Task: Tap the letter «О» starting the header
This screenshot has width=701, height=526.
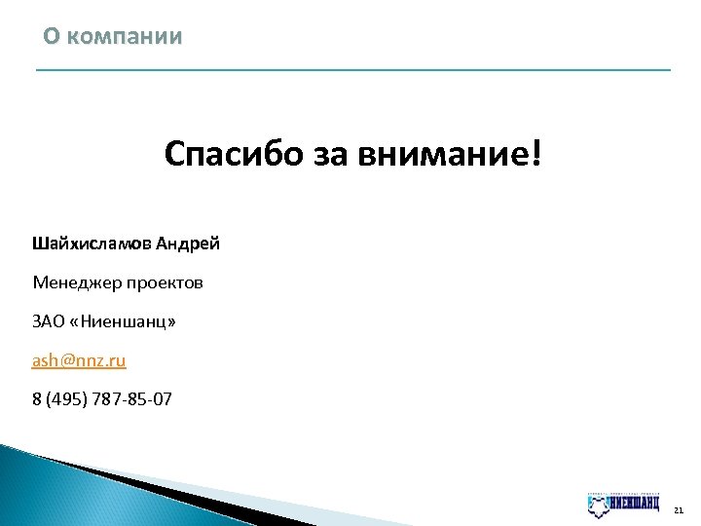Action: (51, 37)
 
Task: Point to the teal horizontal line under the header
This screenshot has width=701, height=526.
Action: (352, 70)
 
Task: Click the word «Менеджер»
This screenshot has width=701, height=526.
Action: (77, 282)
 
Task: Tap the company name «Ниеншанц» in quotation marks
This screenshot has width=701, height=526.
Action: (125, 321)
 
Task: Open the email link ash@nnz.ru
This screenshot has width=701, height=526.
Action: (79, 360)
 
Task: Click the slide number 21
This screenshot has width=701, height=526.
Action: (679, 508)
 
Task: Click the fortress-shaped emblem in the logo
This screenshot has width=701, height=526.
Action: (600, 505)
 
